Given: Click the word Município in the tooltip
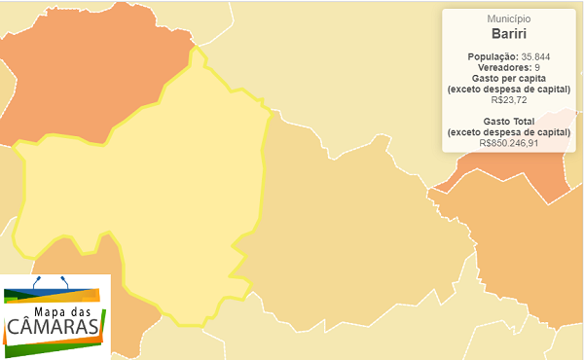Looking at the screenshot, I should pyautogui.click(x=507, y=18).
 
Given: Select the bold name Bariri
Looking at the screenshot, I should pyautogui.click(x=507, y=34).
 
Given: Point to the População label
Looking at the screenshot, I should pyautogui.click(x=493, y=56).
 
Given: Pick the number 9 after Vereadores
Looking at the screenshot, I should pyautogui.click(x=538, y=67).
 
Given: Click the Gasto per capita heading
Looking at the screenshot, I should pyautogui.click(x=507, y=78).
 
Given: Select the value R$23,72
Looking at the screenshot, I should pyautogui.click(x=507, y=99).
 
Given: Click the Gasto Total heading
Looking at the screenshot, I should pyautogui.click(x=507, y=121).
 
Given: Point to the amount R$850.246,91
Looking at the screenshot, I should pyautogui.click(x=507, y=142).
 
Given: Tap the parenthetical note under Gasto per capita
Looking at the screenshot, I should pyautogui.click(x=507, y=89).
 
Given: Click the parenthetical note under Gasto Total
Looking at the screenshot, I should pyautogui.click(x=507, y=131).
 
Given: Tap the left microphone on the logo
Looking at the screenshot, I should pyautogui.click(x=37, y=280).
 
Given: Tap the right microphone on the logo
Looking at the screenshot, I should pyautogui.click(x=64, y=280).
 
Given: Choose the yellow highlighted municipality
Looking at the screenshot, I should pyautogui.click(x=146, y=195).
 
